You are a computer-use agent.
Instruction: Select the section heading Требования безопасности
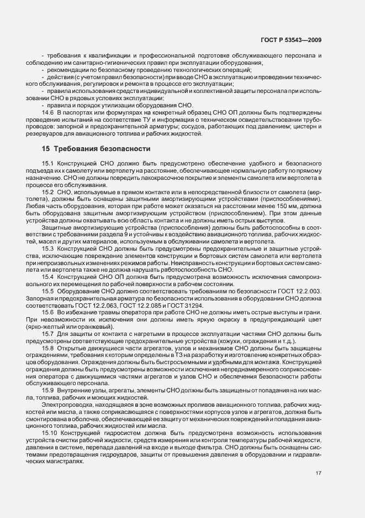pos(102,149)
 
